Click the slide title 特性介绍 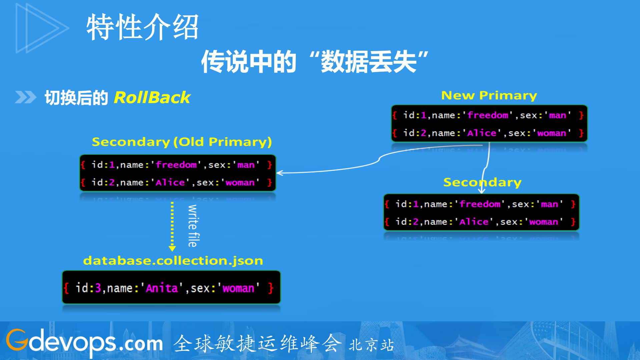[x=142, y=27]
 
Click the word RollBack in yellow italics [x=152, y=98]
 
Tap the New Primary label [x=489, y=95]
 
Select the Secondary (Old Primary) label [x=182, y=142]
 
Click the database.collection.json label [x=173, y=261]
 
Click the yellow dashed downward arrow [x=172, y=227]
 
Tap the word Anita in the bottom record [x=162, y=288]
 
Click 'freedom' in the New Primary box [x=488, y=115]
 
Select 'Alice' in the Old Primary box [x=170, y=183]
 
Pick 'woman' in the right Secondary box [x=543, y=222]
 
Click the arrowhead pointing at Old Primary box [x=280, y=173]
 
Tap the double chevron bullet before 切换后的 [x=25, y=97]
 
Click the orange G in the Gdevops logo [x=17, y=340]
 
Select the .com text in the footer [x=140, y=344]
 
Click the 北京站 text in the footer [x=371, y=345]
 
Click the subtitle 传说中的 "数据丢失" [x=314, y=62]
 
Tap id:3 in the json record [x=88, y=288]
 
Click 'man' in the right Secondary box [x=549, y=204]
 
